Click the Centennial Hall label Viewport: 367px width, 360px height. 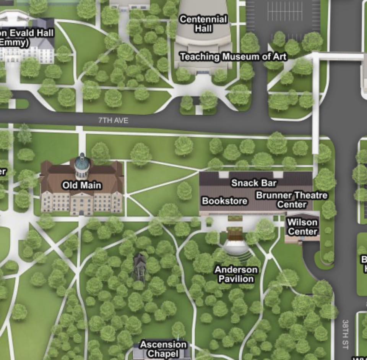pyautogui.click(x=203, y=23)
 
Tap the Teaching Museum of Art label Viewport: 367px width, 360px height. pyautogui.click(x=233, y=57)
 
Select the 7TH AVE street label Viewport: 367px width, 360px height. pyautogui.click(x=113, y=120)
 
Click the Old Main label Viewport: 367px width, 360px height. pyautogui.click(x=82, y=185)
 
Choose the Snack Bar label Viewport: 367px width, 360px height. pyautogui.click(x=254, y=183)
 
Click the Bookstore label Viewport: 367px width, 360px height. pyautogui.click(x=224, y=201)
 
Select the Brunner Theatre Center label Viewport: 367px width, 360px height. pyautogui.click(x=292, y=200)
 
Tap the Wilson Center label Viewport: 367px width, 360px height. pyautogui.click(x=302, y=227)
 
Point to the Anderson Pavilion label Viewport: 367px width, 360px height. pyautogui.click(x=236, y=274)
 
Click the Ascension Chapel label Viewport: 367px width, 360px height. pyautogui.click(x=164, y=349)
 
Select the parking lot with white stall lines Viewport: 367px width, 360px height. pyautogui.click(x=283, y=15)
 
